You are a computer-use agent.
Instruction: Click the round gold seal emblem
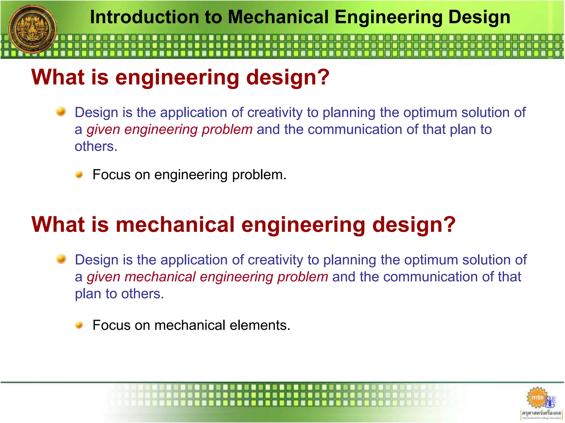coord(33,29)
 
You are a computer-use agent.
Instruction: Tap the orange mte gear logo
coord(537,398)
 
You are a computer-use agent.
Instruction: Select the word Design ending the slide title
coord(479,17)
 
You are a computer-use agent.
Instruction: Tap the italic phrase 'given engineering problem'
coord(169,129)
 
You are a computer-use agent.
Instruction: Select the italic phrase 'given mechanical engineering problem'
coord(207,277)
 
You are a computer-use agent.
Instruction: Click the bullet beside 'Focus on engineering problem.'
coord(79,175)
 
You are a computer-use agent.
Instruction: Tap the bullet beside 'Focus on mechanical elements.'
coord(79,325)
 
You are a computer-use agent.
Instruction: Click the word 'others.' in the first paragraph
coord(96,147)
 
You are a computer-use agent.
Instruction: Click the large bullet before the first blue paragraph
coord(61,112)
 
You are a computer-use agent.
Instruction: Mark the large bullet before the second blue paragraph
coord(61,259)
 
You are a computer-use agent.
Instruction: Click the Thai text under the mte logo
coord(541,413)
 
